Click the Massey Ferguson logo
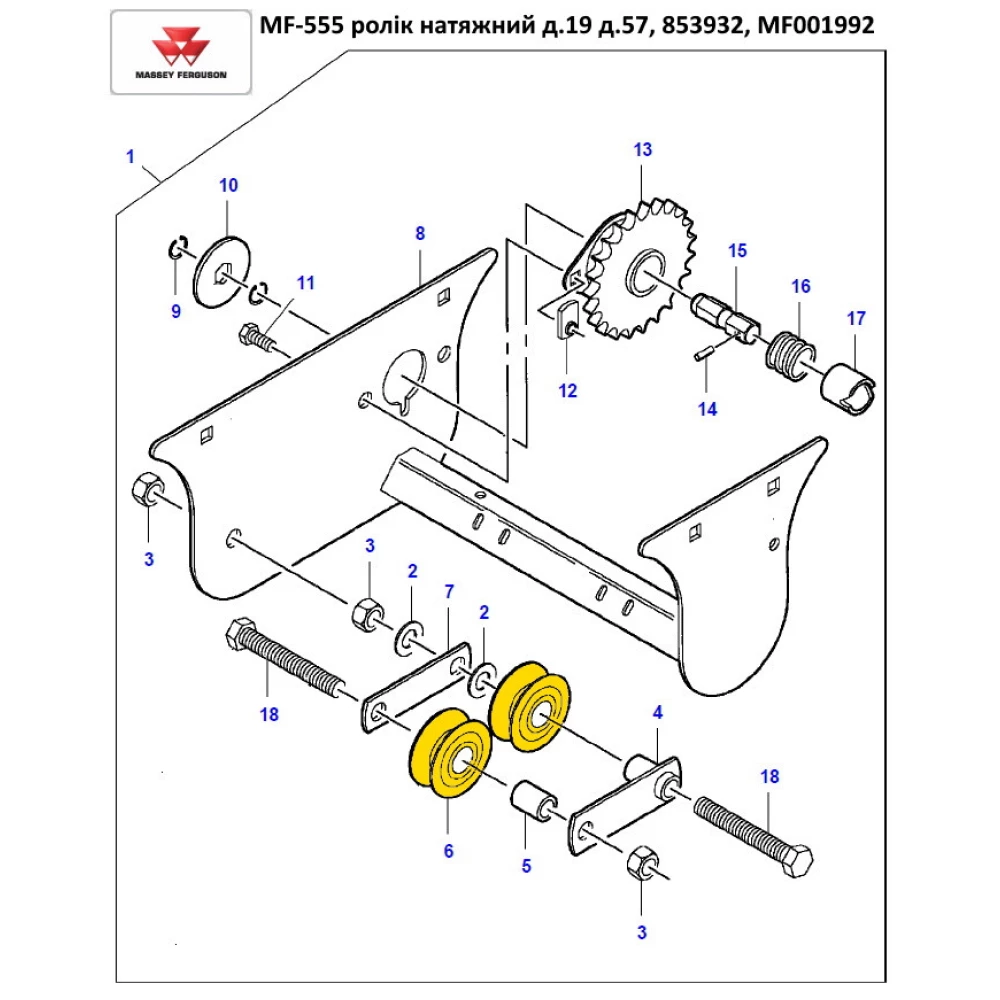(x=181, y=53)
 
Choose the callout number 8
(x=420, y=234)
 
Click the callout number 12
(x=568, y=391)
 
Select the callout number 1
(x=129, y=156)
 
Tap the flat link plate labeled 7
(x=415, y=690)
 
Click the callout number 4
(x=657, y=713)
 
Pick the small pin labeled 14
(x=704, y=353)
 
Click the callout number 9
(x=175, y=312)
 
